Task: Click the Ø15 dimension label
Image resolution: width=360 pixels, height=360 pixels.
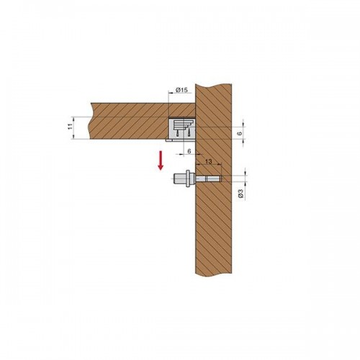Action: coord(181,90)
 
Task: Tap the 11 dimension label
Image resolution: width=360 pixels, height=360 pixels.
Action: coord(70,127)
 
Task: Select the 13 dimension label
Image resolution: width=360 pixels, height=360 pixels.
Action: coord(209,161)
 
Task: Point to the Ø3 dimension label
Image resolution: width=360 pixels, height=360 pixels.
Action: coord(241,194)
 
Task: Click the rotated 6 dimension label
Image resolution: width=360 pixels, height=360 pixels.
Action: coord(241,132)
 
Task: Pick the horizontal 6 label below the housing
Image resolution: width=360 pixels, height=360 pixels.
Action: coord(189,151)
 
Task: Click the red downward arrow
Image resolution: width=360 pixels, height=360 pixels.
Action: coord(161,161)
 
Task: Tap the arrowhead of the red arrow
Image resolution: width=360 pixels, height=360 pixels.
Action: coord(161,168)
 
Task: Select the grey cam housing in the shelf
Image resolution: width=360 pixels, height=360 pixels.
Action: coord(182,129)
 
